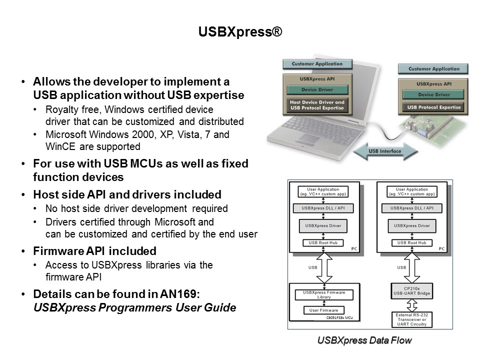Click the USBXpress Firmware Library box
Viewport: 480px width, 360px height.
[323, 294]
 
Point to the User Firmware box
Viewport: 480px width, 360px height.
[323, 310]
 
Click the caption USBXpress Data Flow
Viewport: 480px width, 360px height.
[364, 340]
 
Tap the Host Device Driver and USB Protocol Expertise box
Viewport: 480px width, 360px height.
[317, 105]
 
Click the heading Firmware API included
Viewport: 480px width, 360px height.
[94, 251]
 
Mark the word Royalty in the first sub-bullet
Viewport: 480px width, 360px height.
[61, 109]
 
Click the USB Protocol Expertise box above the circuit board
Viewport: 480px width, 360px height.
[433, 107]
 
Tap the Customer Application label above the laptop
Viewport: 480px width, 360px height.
[317, 64]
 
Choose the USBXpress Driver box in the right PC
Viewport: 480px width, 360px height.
[411, 225]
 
